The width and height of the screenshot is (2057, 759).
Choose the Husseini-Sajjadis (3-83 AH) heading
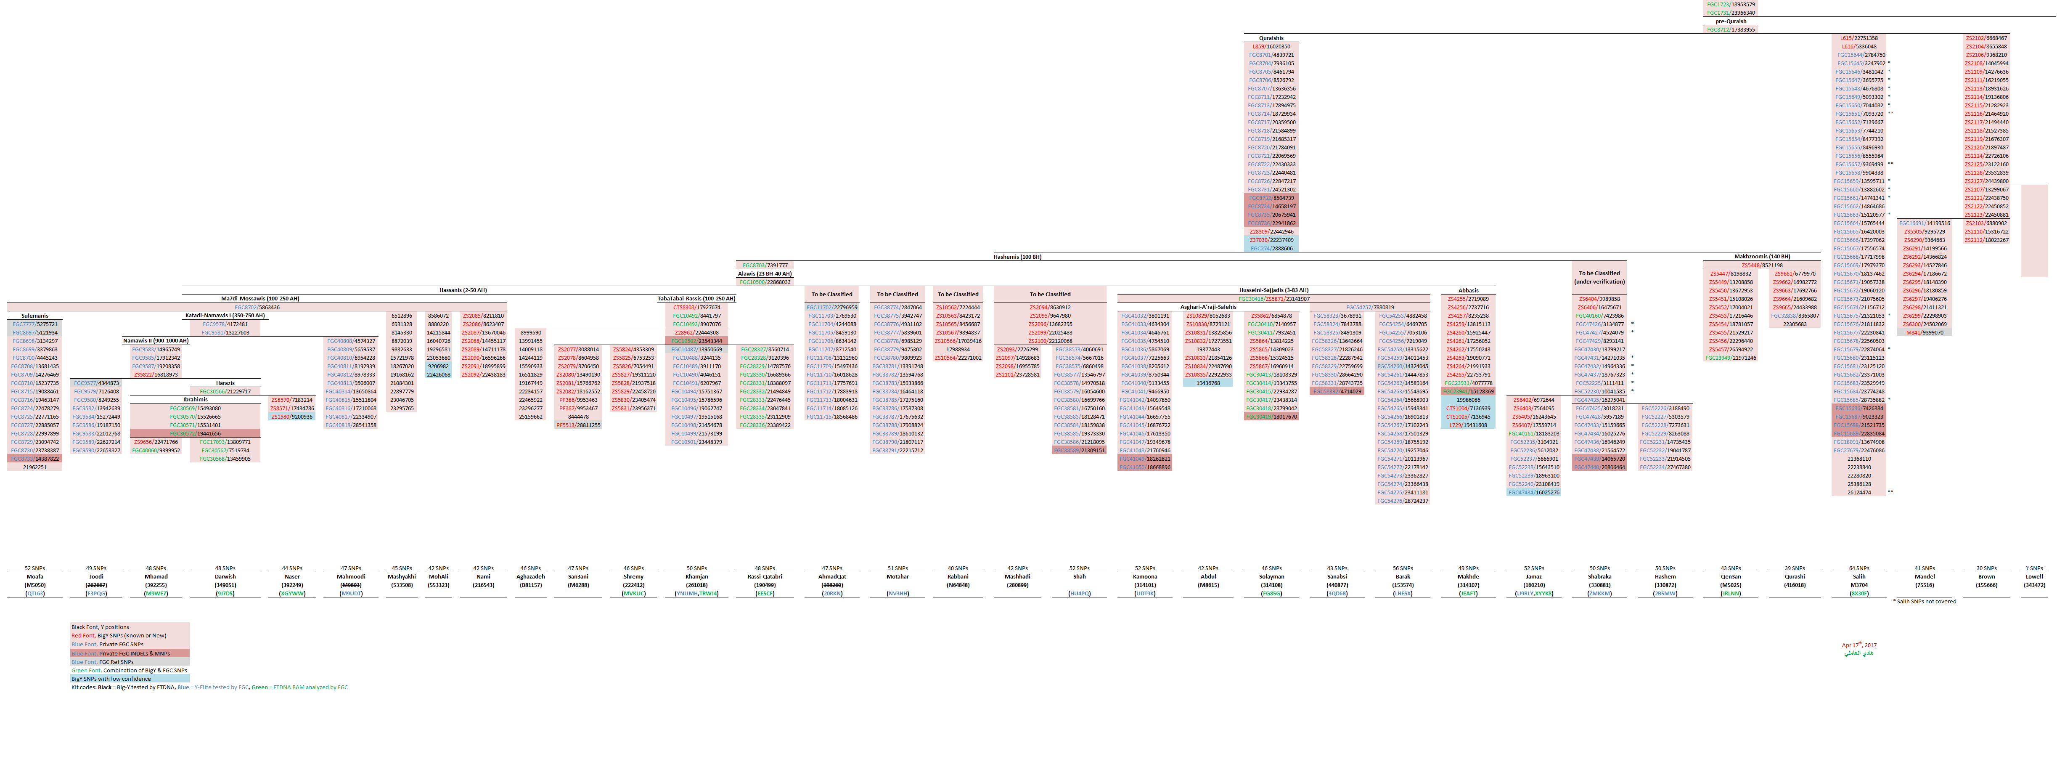tap(1273, 290)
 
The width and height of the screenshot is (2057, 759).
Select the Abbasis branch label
tap(1468, 290)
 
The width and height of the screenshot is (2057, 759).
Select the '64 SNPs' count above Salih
tap(1859, 568)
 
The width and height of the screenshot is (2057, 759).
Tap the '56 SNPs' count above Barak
tap(1402, 568)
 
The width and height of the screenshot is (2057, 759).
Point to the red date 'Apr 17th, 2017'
tap(1859, 645)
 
